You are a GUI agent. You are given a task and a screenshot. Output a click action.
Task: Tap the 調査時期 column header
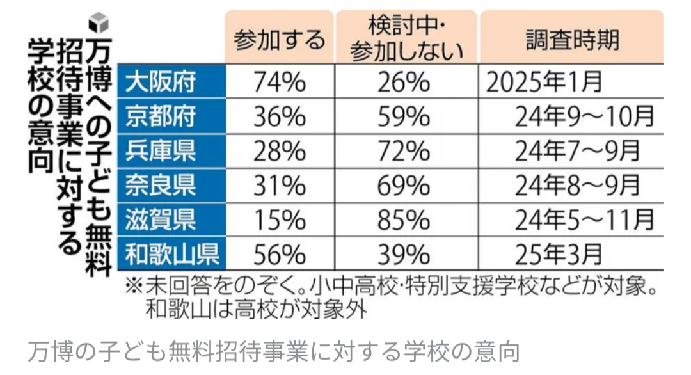pyautogui.click(x=572, y=40)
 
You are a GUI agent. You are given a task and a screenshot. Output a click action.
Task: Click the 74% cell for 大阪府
pyautogui.click(x=279, y=82)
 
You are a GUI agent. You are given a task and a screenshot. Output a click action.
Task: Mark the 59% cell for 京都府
pyautogui.click(x=406, y=116)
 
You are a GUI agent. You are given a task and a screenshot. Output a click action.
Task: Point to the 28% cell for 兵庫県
pyautogui.click(x=279, y=151)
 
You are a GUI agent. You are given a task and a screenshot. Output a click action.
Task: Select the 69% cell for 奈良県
pyautogui.click(x=406, y=186)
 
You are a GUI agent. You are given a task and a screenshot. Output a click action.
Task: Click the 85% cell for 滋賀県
pyautogui.click(x=406, y=220)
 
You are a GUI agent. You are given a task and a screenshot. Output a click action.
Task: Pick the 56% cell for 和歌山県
pyautogui.click(x=279, y=255)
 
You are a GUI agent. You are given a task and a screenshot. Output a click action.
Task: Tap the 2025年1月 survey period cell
pyautogui.click(x=544, y=82)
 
